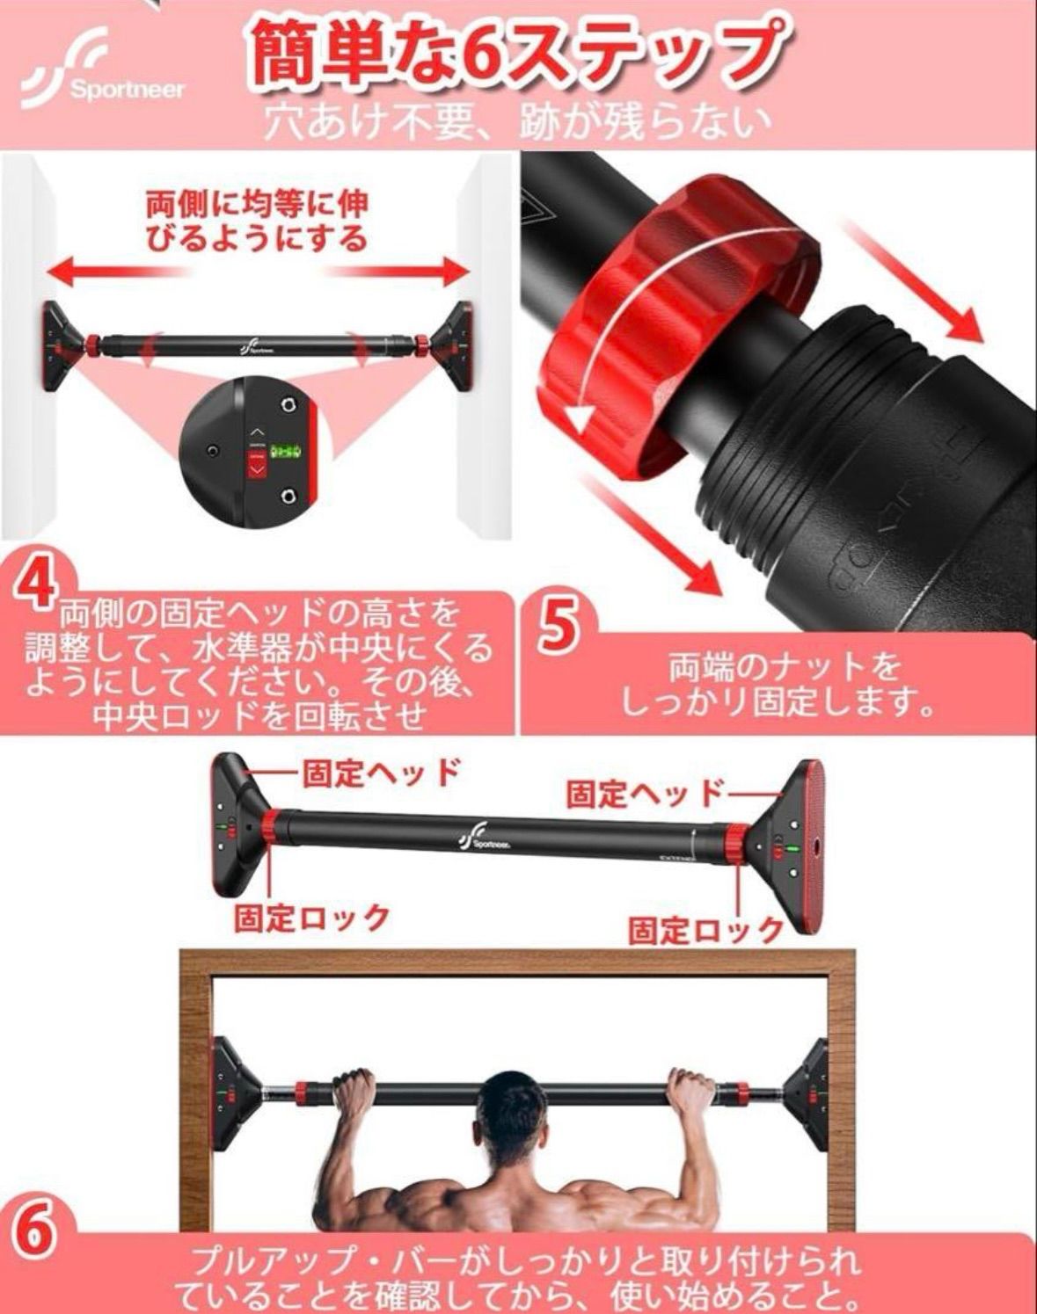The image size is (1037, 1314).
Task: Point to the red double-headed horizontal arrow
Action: click(x=256, y=270)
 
